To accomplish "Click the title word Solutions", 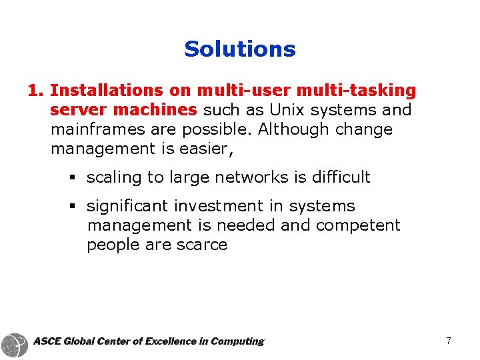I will [x=240, y=49].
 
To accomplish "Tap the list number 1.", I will [x=35, y=90].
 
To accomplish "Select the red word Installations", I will [x=106, y=90].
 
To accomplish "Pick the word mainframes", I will [x=97, y=129].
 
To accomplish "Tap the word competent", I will [x=358, y=225].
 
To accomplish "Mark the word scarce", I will [x=203, y=245].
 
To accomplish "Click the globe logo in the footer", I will [x=15, y=343].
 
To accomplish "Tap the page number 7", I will [x=449, y=341].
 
